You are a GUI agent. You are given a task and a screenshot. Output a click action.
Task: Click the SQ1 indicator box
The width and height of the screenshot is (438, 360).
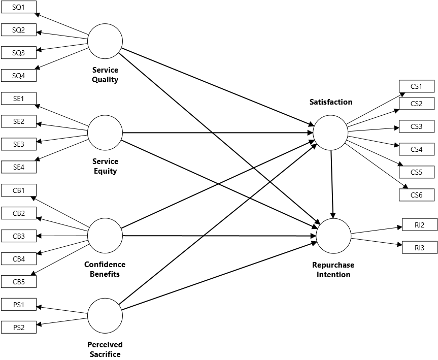(19, 7)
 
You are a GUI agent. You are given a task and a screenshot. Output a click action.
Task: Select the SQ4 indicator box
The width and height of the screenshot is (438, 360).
(19, 76)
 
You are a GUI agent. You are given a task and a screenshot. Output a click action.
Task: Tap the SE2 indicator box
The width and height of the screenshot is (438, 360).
(19, 121)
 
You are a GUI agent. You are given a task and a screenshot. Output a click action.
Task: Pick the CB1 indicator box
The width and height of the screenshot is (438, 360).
(19, 190)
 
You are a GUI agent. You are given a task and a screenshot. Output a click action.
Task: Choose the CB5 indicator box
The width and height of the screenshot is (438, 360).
(19, 281)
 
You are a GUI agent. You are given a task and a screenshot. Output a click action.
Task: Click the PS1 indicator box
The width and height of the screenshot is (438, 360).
(19, 305)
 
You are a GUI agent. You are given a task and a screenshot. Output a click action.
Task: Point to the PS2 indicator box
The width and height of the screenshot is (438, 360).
(19, 328)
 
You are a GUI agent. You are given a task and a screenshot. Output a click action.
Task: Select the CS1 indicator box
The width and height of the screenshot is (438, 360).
(417, 86)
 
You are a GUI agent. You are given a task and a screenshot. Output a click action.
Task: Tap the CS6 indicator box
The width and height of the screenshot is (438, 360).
(417, 195)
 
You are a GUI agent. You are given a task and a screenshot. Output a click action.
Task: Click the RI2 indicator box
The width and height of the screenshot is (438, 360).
(419, 225)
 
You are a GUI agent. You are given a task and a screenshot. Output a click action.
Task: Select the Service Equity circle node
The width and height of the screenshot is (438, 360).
(105, 133)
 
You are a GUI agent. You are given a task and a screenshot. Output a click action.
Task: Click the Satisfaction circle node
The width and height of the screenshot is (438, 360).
(330, 133)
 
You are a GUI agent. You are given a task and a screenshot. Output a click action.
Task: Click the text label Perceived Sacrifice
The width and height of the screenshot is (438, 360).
(105, 349)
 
